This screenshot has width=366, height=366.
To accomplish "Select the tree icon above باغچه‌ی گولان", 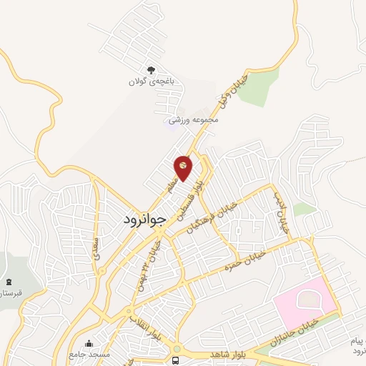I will (150, 70).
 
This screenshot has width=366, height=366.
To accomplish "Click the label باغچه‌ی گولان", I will (150, 82).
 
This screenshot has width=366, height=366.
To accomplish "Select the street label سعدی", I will (97, 247).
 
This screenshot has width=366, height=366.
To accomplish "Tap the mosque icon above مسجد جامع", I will (89, 344).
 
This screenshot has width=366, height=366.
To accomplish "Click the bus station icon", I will (176, 360).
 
